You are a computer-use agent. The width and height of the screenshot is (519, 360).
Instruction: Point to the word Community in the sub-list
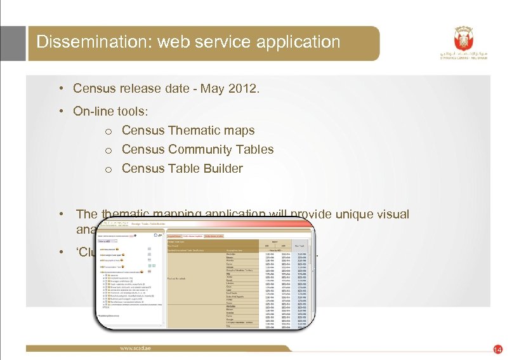pyautogui.click(x=203, y=149)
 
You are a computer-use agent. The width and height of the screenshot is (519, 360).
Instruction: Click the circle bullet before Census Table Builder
pyautogui.click(x=109, y=170)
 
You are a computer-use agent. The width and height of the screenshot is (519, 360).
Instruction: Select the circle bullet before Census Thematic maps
pyautogui.click(x=109, y=131)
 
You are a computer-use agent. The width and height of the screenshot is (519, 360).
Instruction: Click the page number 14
pyautogui.click(x=497, y=350)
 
